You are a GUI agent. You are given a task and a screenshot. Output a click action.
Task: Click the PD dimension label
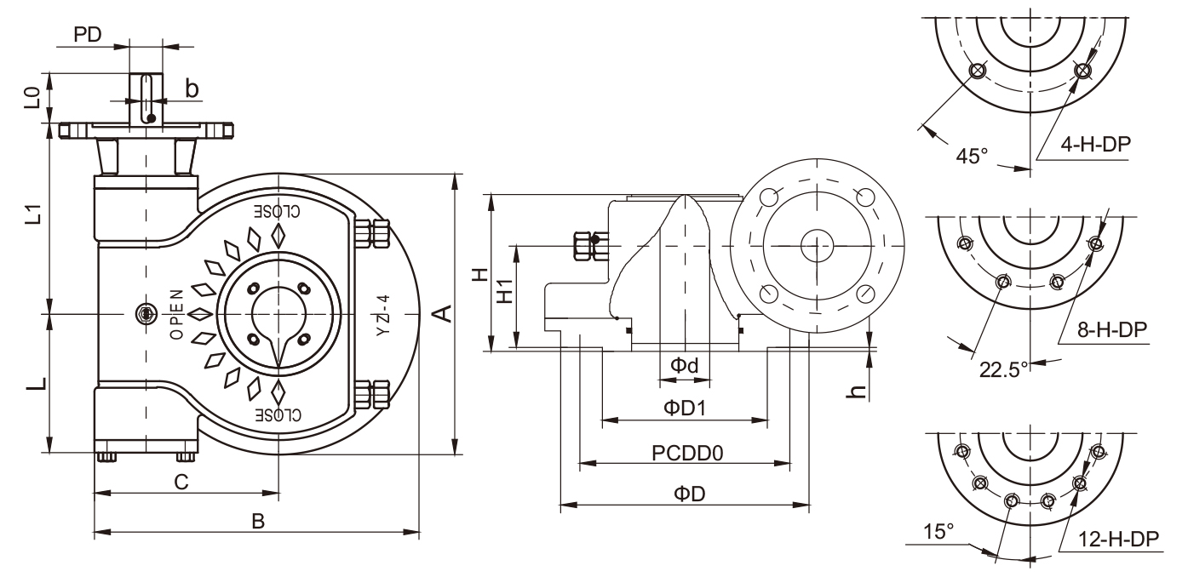pos(89,35)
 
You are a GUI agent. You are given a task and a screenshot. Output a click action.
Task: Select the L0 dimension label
pos(32,96)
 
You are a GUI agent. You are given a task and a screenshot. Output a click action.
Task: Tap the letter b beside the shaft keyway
pos(192,88)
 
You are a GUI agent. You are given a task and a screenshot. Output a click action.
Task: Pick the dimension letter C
pos(181,482)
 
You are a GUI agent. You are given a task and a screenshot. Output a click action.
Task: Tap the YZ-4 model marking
pos(383,314)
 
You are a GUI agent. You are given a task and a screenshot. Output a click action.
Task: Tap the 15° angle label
pos(938,532)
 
